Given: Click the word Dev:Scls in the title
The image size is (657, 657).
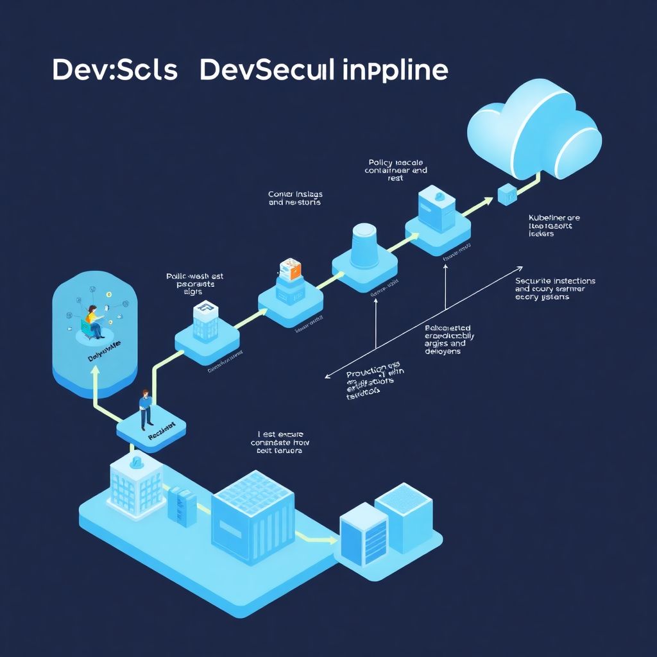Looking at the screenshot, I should tap(114, 71).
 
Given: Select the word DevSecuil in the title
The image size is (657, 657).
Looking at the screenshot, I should tap(267, 71).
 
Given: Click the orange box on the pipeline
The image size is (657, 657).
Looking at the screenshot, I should tap(290, 269).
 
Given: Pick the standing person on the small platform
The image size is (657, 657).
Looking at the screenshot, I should tap(145, 409).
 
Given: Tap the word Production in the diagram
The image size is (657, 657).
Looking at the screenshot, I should tap(366, 372).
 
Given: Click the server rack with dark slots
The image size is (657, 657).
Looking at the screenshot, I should tap(363, 534).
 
